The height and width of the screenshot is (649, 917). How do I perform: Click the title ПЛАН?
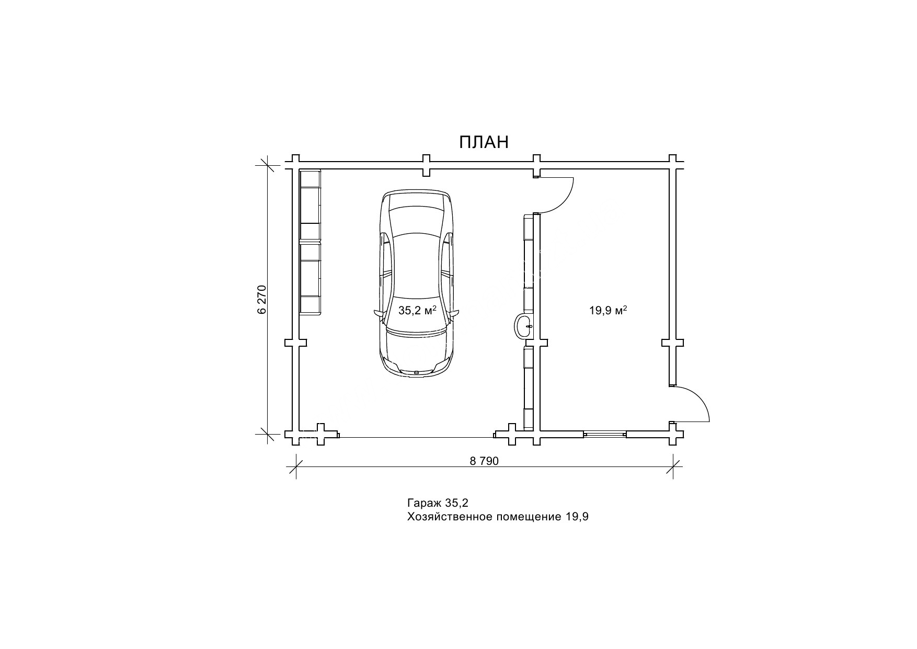pyautogui.click(x=484, y=142)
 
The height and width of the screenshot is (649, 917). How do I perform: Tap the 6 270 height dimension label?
pyautogui.click(x=262, y=299)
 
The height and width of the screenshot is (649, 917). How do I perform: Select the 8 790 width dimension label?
pyautogui.click(x=485, y=461)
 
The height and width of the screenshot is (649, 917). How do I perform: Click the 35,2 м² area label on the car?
pyautogui.click(x=417, y=310)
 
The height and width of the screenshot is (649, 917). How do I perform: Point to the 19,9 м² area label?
pyautogui.click(x=608, y=310)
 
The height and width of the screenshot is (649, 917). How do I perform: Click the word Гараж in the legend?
pyautogui.click(x=424, y=504)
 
